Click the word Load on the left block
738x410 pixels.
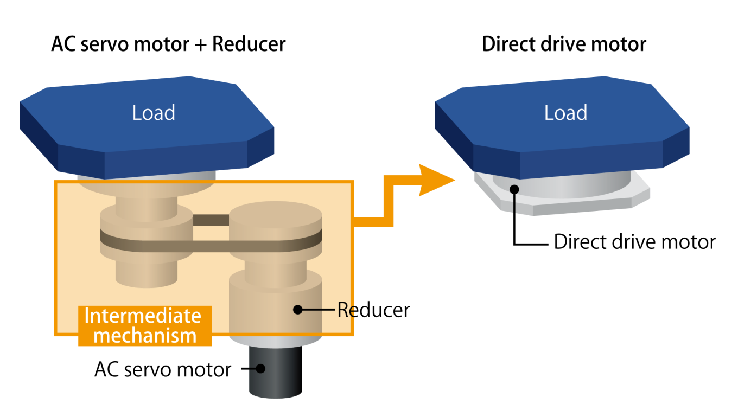pos(154,113)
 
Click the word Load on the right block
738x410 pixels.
pos(565,113)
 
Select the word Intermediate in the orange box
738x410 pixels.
pos(143,316)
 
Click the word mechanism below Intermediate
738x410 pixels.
pos(144,336)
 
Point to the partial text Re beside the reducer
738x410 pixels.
pos(345,310)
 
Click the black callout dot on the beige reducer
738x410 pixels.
pos(297,310)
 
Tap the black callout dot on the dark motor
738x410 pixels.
pos(260,368)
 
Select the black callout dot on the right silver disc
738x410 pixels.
pos(514,189)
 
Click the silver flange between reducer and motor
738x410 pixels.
pos(275,341)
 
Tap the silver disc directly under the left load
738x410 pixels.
pos(147,175)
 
